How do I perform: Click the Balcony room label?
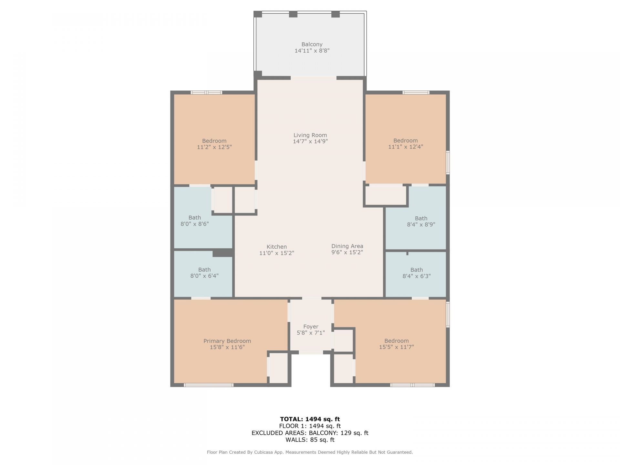312,44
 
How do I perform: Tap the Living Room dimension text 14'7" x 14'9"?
310,141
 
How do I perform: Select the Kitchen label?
277,247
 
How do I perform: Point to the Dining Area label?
347,246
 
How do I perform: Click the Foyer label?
311,326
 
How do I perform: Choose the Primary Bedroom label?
227,341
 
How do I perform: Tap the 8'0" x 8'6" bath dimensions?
195,224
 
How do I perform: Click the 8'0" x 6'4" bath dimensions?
204,276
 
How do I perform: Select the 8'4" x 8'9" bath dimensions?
421,224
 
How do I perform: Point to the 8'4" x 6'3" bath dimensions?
417,276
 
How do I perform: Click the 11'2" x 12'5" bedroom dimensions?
214,147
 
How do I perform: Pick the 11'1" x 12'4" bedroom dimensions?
406,147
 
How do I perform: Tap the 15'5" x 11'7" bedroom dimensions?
397,347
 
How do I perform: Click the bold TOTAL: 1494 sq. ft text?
310,419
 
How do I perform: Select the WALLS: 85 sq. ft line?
310,440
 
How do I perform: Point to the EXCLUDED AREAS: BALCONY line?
310,433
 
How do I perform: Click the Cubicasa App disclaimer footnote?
310,452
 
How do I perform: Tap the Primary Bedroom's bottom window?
209,385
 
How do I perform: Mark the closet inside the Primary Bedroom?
278,368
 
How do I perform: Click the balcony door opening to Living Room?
314,78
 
